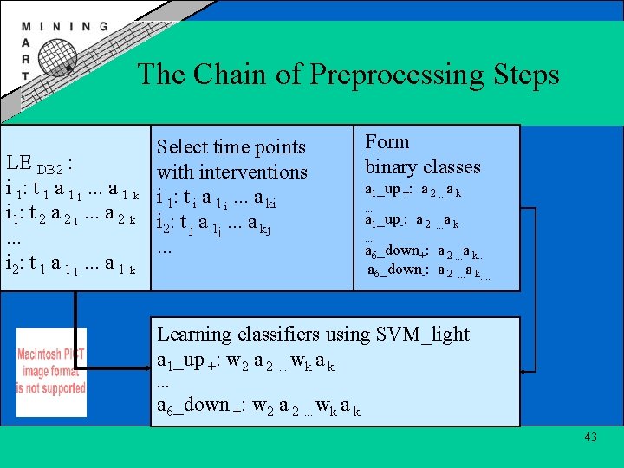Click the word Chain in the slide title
[228, 75]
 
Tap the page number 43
[590, 437]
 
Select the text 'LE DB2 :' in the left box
[39, 163]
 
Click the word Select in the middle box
[182, 147]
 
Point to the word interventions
[252, 172]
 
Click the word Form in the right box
[387, 142]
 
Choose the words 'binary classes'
[422, 166]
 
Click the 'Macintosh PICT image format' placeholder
[50, 382]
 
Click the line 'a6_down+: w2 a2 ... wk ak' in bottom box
[257, 406]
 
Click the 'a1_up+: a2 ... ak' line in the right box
[412, 191]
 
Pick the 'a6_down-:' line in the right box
[428, 272]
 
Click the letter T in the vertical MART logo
[24, 75]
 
